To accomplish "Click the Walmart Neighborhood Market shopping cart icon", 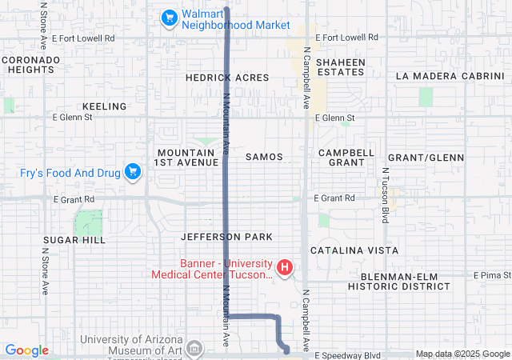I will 169,17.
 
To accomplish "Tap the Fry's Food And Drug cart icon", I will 133,171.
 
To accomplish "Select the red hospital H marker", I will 284,266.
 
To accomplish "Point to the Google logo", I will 26,350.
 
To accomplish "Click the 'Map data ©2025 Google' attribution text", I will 462,354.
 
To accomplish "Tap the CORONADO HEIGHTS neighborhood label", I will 30,65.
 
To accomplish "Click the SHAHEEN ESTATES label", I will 340,67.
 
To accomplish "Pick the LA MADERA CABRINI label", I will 448,76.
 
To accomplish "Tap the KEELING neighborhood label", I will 104,106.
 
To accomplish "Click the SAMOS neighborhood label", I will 264,157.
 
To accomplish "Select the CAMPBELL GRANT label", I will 346,157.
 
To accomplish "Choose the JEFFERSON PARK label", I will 226,237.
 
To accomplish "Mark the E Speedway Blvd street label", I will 346,354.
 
